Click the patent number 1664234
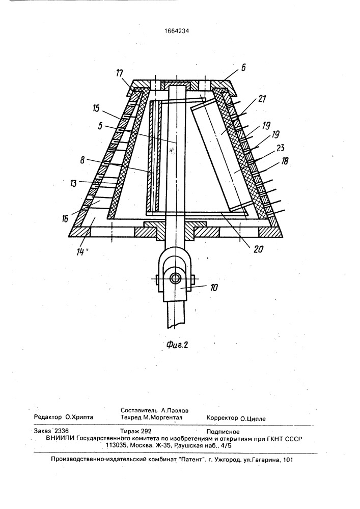[x=177, y=31]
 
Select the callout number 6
[x=244, y=68]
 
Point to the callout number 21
[x=262, y=99]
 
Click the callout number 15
[x=96, y=108]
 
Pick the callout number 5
[x=100, y=126]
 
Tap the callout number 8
[x=83, y=160]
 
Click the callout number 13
[x=73, y=183]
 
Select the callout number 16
[x=65, y=218]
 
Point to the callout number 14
[x=80, y=251]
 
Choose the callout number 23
[x=281, y=148]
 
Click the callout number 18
[x=285, y=161]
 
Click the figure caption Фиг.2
[x=177, y=345]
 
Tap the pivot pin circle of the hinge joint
[x=177, y=278]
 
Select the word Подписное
[x=223, y=432]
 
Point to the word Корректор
[x=223, y=418]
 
